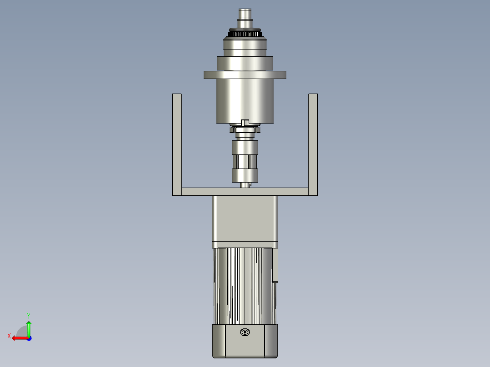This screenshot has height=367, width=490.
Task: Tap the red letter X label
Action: point(9,336)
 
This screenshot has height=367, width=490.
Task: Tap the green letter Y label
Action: point(28,315)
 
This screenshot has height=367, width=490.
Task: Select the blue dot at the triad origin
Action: point(29,338)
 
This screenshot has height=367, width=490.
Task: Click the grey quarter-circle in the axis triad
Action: point(22,332)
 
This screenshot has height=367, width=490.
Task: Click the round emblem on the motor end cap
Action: point(245,332)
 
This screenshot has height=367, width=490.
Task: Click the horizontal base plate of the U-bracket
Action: point(245,192)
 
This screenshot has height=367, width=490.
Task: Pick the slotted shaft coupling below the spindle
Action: point(245,162)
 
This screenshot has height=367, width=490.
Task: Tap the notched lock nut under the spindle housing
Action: point(245,130)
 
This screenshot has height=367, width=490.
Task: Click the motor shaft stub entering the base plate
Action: point(245,185)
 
